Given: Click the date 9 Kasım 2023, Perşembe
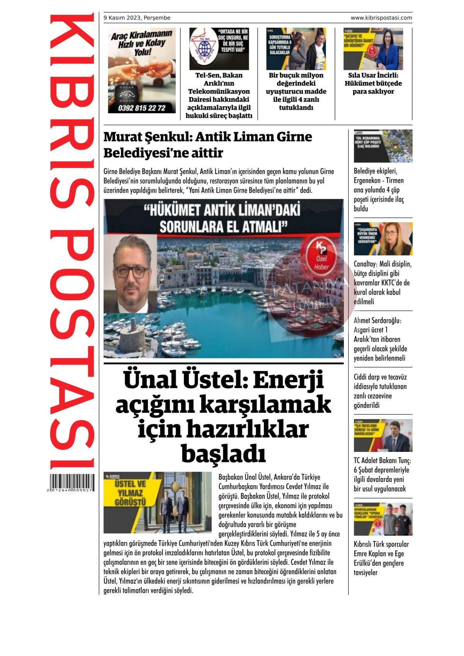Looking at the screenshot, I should (x=137, y=18).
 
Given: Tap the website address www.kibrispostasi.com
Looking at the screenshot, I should (x=381, y=18).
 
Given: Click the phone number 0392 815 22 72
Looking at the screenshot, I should (x=141, y=108).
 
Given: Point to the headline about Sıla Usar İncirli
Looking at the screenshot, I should (x=373, y=83).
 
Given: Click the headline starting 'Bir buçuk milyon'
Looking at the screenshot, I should (x=296, y=91).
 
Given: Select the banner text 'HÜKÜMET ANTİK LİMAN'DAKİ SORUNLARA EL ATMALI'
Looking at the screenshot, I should (x=223, y=218).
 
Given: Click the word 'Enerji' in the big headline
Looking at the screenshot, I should (x=288, y=380).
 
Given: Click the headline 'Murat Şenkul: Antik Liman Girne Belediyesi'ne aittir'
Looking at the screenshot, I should (x=208, y=145).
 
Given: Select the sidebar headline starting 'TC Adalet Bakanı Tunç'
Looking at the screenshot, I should (x=382, y=475).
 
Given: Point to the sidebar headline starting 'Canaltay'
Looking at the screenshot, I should (x=382, y=283).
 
